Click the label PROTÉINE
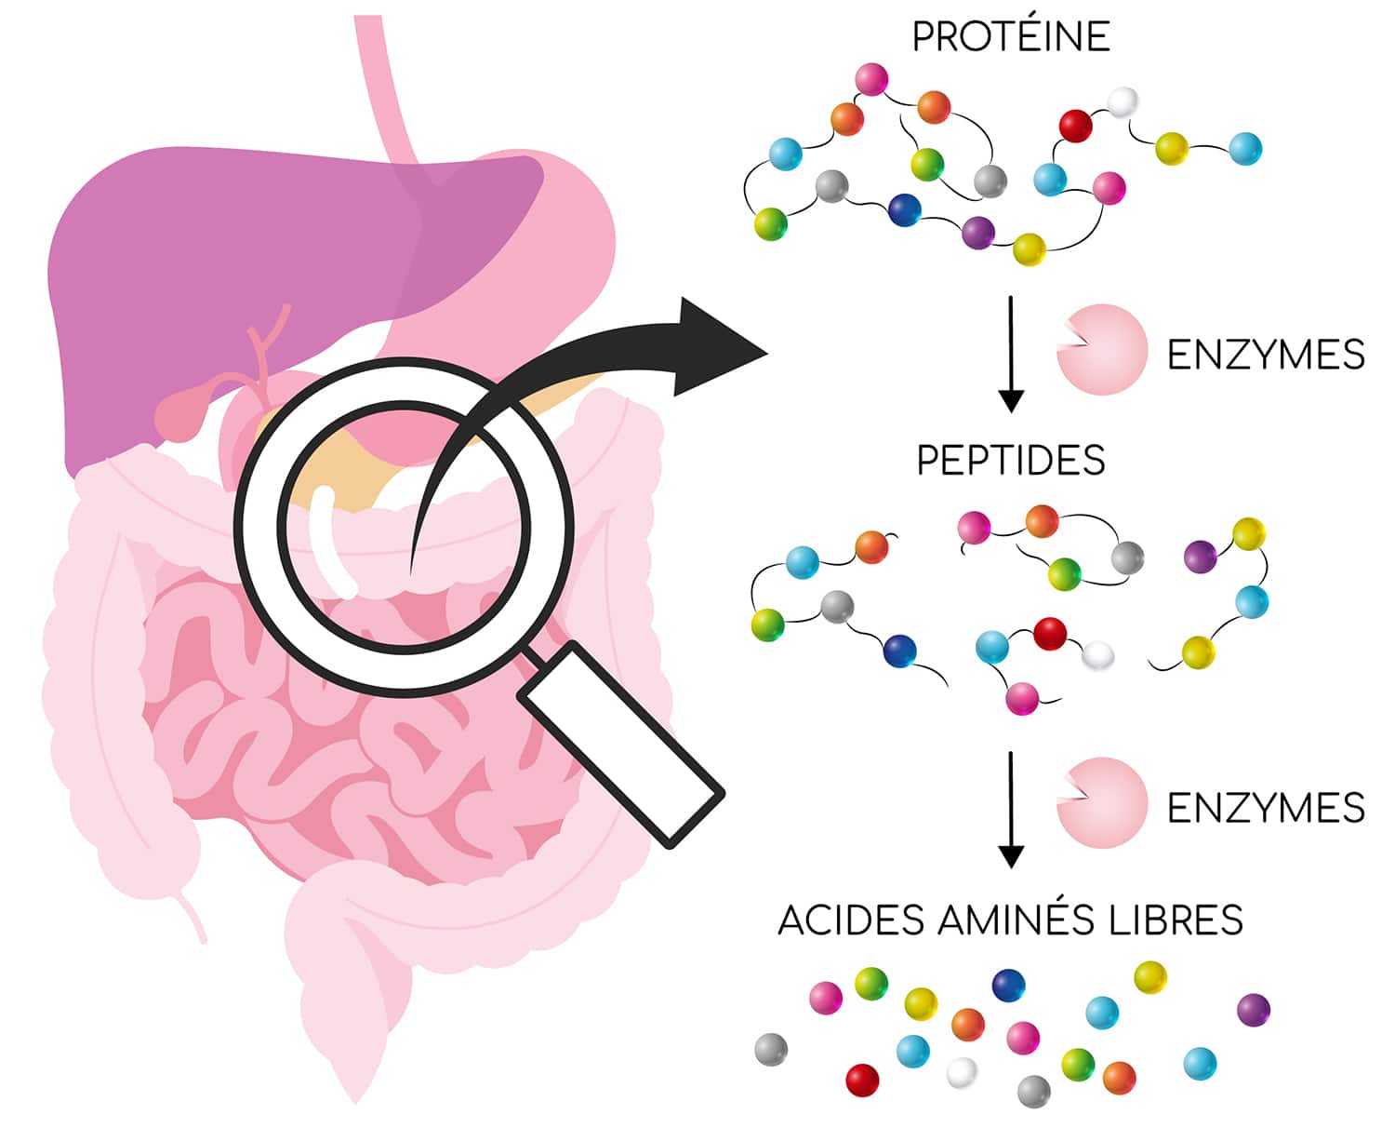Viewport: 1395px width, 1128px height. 1011,37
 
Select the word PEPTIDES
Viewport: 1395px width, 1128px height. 1011,461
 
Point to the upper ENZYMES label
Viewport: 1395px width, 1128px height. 1265,355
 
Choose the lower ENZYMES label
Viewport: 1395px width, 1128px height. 1265,807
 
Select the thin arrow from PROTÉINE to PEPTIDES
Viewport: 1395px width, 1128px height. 1011,354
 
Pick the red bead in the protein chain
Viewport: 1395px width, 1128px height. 1076,126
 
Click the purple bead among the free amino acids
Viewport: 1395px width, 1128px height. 1254,1010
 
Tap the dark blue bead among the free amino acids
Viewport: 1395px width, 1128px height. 1008,985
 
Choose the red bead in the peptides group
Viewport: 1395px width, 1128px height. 1050,634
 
